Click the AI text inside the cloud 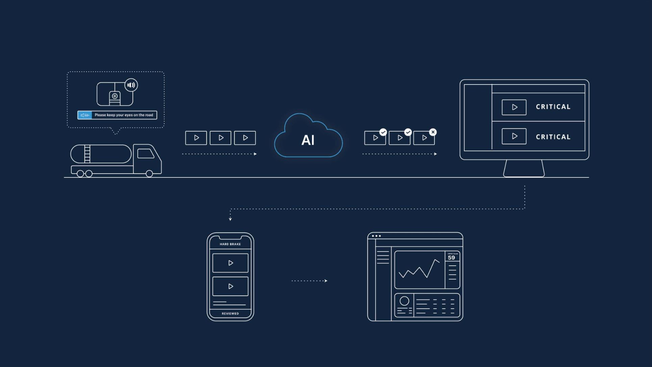tap(308, 140)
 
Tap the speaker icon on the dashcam tap(131, 85)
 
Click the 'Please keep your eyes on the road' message tap(124, 115)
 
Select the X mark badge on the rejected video tap(433, 132)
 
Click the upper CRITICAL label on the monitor tap(553, 107)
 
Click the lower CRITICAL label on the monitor tap(553, 137)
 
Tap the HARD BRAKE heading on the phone tap(230, 244)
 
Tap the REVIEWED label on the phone tap(230, 314)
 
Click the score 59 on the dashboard tap(451, 258)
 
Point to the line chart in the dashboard tap(419, 269)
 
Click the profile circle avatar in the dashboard tap(404, 301)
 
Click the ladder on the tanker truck tap(87, 154)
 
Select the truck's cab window tap(146, 153)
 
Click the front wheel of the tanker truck tap(149, 174)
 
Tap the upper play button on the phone tap(230, 263)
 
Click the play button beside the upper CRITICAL tap(514, 107)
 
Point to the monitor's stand tap(524, 168)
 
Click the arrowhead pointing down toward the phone tap(230, 219)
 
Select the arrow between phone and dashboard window tap(309, 281)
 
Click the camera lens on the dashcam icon tap(115, 96)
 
